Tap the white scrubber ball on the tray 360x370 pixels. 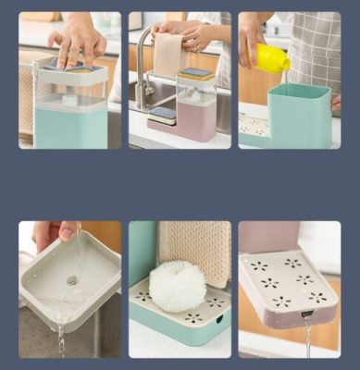(x=178, y=286)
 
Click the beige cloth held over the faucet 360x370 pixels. (x=167, y=55)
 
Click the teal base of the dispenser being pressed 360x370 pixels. (x=70, y=127)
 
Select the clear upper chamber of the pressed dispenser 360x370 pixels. (x=70, y=88)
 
